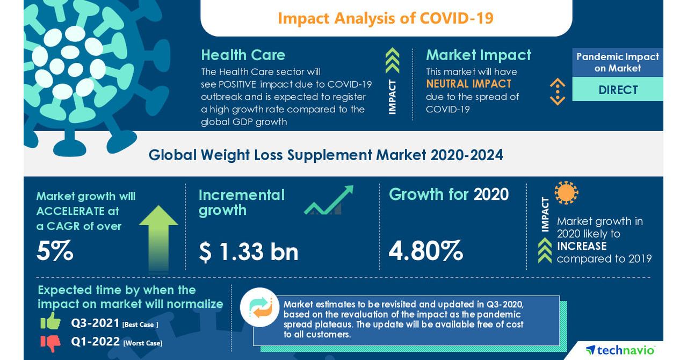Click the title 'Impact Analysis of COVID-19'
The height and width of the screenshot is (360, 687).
click(386, 18)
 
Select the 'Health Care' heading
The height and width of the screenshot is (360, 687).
click(243, 55)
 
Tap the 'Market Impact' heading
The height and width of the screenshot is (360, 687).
click(478, 55)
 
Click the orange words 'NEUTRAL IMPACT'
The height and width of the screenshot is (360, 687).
click(468, 84)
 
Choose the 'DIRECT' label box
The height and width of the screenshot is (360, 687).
click(618, 90)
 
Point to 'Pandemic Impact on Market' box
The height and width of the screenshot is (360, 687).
click(618, 62)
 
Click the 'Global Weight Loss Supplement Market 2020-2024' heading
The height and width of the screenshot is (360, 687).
click(326, 155)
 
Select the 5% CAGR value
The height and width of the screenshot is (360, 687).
click(55, 251)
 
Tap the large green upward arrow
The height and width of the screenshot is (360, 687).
click(158, 237)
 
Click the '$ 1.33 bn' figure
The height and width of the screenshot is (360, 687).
click(248, 251)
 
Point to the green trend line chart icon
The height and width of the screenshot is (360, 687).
click(328, 200)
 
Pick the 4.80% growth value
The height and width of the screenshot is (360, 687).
click(425, 251)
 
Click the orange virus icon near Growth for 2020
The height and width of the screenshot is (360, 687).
click(566, 192)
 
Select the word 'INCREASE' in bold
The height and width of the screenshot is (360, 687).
click(582, 246)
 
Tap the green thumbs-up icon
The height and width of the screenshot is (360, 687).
click(50, 321)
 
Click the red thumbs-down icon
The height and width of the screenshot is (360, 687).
click(50, 342)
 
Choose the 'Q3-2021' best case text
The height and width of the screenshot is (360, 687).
click(95, 323)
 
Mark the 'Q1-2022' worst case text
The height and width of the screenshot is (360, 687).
click(95, 342)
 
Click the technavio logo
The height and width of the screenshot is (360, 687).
click(620, 350)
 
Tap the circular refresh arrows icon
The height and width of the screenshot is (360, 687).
click(259, 307)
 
